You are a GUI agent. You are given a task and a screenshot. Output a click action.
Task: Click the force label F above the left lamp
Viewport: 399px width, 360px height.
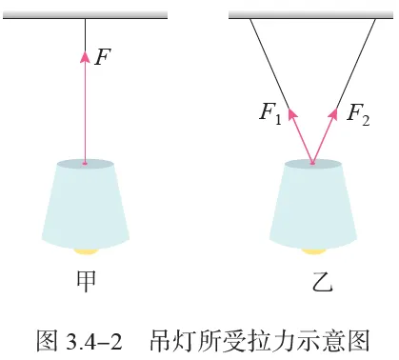pos(103,57)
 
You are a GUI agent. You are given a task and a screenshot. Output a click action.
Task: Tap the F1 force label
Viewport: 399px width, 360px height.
pos(270,114)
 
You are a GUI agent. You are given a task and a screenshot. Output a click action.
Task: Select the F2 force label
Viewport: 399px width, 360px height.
pos(358,115)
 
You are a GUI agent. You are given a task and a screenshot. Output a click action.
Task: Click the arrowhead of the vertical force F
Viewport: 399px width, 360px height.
pos(85,56)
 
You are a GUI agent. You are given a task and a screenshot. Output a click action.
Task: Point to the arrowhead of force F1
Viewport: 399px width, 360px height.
pos(292,114)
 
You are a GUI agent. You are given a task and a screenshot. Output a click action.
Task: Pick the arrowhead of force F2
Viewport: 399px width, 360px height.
pos(333,114)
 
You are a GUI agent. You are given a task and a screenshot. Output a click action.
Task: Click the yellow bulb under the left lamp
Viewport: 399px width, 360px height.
pos(86,251)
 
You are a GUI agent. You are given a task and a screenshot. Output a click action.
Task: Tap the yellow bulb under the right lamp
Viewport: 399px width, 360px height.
pos(313,251)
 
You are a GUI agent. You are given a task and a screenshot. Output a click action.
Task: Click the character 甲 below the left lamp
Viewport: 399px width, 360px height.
pos(87,281)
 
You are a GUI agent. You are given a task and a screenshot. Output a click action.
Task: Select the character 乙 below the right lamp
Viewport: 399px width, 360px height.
pos(322,282)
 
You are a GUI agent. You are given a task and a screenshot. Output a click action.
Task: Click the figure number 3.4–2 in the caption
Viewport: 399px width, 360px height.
pos(94,341)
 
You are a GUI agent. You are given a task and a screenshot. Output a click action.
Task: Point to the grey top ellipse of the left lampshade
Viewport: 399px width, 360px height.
pos(85,164)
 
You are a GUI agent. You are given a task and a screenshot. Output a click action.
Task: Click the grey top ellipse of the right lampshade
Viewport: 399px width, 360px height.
pos(313,164)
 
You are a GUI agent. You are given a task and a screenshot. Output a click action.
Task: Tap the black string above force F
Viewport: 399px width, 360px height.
pos(85,34)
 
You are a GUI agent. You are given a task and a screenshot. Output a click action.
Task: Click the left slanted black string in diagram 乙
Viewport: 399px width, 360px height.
pos(269,64)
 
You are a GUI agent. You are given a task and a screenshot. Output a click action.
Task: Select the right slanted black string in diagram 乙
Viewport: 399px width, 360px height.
pos(356,64)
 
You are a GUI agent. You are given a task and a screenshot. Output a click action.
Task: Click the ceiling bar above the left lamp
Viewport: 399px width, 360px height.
pos(85,15)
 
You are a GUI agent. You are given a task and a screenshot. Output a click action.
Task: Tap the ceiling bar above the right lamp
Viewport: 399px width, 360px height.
pos(311,15)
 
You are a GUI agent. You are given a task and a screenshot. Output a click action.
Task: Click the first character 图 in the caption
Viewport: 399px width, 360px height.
pos(47,341)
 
